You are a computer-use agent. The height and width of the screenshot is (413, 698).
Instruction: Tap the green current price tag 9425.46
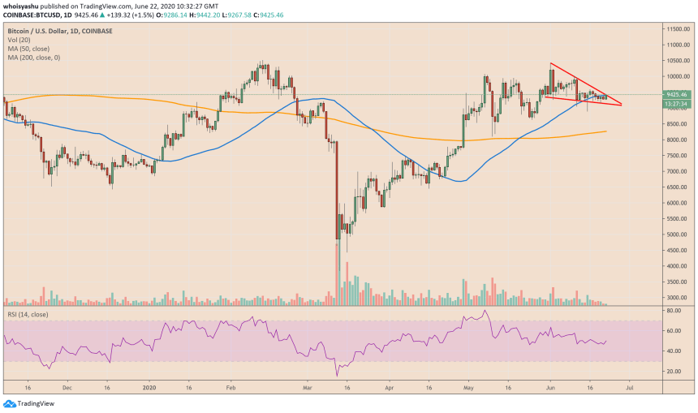676,95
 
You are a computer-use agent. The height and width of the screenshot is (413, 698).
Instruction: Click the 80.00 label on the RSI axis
672,311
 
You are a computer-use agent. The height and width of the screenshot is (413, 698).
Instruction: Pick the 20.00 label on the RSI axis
672,371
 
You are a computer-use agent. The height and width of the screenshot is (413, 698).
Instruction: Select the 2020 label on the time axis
150,388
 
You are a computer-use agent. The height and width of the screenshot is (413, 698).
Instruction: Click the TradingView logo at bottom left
24,403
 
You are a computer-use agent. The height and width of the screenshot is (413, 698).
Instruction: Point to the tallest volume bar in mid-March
337,273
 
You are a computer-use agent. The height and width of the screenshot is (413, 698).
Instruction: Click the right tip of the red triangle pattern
622,105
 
